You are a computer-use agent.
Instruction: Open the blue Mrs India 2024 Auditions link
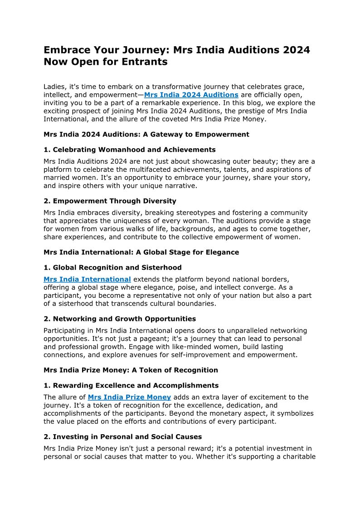pos(191,95)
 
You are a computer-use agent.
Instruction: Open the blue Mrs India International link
pos(87,279)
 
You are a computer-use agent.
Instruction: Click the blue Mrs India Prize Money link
pos(129,397)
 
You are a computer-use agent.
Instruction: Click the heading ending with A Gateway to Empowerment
pos(146,134)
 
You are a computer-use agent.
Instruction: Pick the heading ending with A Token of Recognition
pos(131,370)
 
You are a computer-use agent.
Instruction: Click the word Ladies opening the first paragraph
pos(55,87)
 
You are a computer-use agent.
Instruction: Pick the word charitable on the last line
pos(297,457)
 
